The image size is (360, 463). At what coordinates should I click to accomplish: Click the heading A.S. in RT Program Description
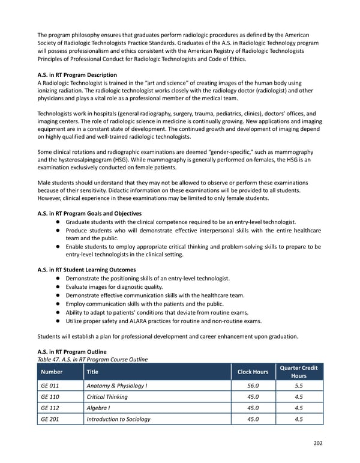point(77,74)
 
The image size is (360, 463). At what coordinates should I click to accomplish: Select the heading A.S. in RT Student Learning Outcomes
point(86,270)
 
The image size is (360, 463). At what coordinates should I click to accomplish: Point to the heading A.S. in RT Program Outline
point(72,351)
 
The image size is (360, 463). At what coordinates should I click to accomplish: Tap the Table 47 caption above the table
point(92,360)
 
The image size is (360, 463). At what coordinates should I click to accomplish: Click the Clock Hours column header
point(252,372)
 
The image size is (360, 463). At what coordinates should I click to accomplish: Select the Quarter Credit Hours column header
point(299,372)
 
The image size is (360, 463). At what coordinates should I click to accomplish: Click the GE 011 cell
point(50,386)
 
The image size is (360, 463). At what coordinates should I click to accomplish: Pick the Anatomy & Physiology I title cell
point(116,386)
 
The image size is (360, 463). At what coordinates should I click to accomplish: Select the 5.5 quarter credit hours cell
point(299,386)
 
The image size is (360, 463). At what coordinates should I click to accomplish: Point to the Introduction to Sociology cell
point(118,419)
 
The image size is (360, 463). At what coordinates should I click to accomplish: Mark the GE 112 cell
point(50,408)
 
